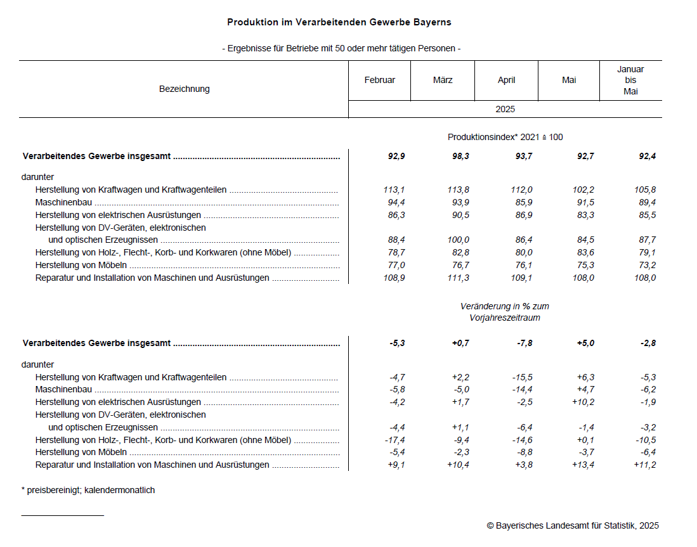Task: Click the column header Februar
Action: click(x=379, y=80)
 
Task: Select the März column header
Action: click(x=443, y=80)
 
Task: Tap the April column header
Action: click(x=506, y=80)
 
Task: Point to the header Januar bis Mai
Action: click(x=630, y=80)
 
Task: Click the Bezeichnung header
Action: click(x=184, y=89)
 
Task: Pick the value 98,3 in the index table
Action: click(x=461, y=156)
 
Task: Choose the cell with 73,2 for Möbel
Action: click(x=648, y=265)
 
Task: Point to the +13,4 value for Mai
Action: click(x=584, y=465)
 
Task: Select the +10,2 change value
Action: click(x=584, y=402)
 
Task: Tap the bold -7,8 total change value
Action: click(x=524, y=343)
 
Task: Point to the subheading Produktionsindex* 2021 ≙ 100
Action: click(x=505, y=137)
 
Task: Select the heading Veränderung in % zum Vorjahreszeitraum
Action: click(x=505, y=312)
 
